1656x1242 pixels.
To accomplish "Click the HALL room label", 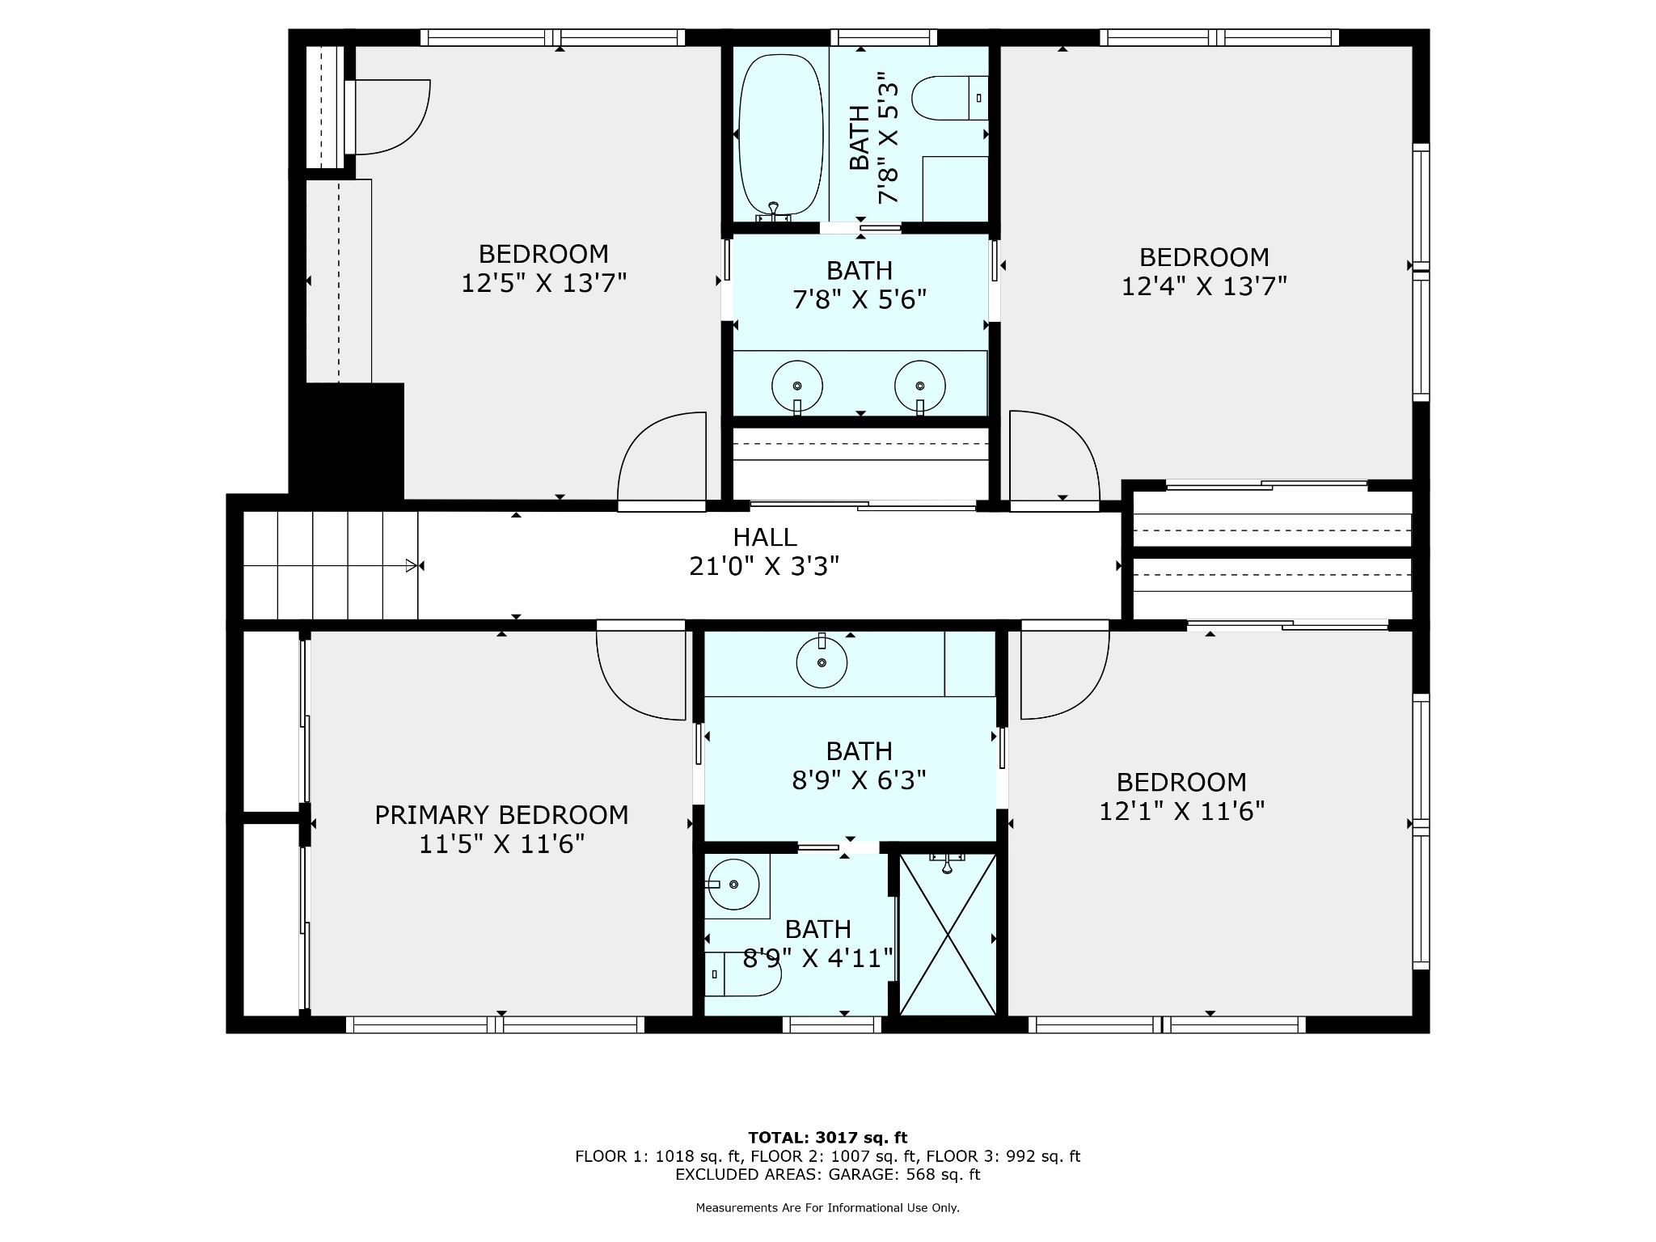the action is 765,537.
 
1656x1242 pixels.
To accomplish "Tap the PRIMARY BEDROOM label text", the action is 501,815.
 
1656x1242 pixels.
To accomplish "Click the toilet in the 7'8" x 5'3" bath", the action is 950,98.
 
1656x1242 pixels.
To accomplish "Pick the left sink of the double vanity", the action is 797,386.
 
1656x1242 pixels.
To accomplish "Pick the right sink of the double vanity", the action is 920,386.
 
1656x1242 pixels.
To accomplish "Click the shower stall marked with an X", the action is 948,934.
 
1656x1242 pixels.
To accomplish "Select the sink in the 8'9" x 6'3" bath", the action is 822,661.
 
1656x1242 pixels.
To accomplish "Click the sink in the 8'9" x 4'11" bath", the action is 733,885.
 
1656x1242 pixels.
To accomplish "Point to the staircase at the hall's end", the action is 330,565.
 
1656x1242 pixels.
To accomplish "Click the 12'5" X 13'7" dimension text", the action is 544,284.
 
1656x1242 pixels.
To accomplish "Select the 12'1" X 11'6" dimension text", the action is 1181,811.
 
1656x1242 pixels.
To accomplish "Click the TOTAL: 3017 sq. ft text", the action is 827,1138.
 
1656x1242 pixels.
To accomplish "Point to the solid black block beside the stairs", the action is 347,441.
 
